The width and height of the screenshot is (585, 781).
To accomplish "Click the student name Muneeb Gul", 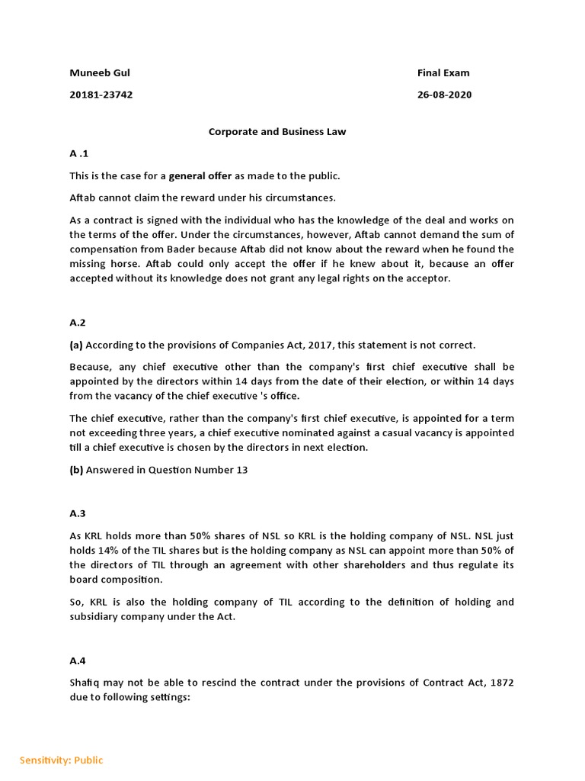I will (x=94, y=73).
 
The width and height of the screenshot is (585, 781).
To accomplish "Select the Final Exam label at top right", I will (x=443, y=73).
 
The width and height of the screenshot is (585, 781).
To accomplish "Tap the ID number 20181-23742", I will (x=101, y=95).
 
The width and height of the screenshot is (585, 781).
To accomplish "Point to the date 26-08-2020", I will (x=444, y=95).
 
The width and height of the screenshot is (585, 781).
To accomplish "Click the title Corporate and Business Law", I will (x=277, y=131).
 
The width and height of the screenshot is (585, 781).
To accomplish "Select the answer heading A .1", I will (x=79, y=153).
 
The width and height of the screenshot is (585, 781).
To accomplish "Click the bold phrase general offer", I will (x=200, y=176).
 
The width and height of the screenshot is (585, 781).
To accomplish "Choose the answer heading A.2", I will (x=78, y=323).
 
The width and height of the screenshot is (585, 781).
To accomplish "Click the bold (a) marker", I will (x=76, y=345).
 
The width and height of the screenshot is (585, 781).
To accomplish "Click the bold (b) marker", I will (x=76, y=470).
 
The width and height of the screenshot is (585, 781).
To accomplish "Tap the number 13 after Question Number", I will (x=241, y=470).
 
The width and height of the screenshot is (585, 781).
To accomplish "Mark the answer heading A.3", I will (x=78, y=513).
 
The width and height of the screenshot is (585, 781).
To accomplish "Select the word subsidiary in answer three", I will (x=96, y=616).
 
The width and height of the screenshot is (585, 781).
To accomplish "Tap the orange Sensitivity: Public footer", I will (x=61, y=760).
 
